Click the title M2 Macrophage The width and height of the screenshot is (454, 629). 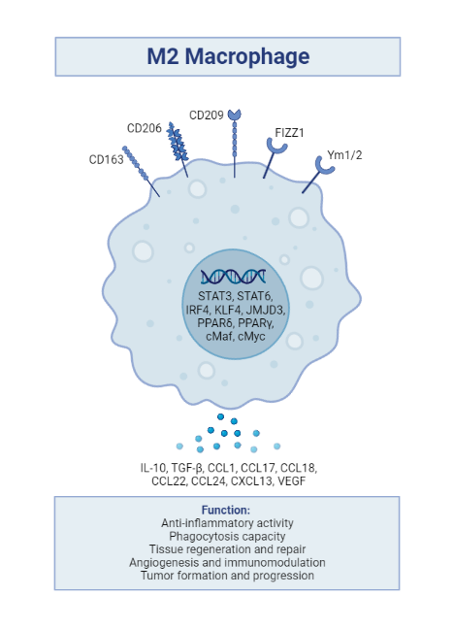click(228, 56)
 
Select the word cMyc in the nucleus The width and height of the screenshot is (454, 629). click(256, 336)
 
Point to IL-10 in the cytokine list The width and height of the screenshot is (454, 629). click(155, 467)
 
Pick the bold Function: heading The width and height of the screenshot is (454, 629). click(226, 510)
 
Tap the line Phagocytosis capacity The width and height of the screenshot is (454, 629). click(226, 536)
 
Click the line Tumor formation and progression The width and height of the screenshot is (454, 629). click(226, 575)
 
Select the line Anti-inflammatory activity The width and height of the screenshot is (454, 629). click(226, 523)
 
